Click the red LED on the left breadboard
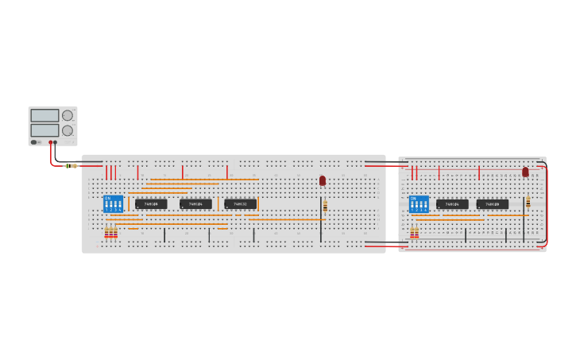323,180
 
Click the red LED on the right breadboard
525,171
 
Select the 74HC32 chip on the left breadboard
240,204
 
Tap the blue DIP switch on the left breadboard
113,203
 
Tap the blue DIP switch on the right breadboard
419,203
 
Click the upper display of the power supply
44,116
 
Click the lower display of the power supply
44,130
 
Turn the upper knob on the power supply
68,116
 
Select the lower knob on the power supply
68,130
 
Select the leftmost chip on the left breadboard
151,204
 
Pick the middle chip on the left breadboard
195,204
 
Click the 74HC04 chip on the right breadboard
452,204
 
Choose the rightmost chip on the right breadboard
493,204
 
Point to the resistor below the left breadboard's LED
325,206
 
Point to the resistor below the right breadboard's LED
528,201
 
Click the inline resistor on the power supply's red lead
72,165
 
